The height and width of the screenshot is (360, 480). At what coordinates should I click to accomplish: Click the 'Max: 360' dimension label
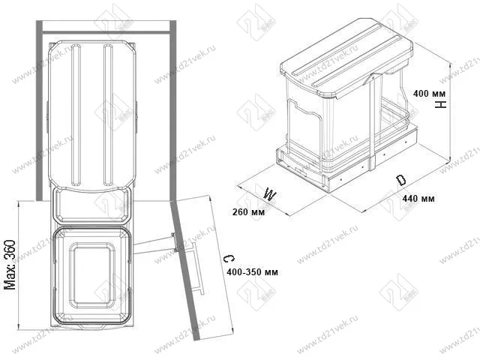pyautogui.click(x=10, y=265)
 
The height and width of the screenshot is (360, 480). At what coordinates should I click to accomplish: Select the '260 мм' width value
pyautogui.click(x=248, y=211)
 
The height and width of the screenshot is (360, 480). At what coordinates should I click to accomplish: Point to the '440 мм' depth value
pyautogui.click(x=418, y=199)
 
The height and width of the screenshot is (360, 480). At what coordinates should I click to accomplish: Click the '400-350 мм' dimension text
pyautogui.click(x=253, y=271)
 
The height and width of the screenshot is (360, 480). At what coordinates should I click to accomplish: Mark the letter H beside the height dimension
pyautogui.click(x=441, y=105)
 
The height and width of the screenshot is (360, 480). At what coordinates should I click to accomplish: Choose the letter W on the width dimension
pyautogui.click(x=270, y=194)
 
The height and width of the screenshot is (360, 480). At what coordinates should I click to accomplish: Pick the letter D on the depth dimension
pyautogui.click(x=400, y=180)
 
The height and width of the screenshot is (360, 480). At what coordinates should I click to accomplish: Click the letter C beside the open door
pyautogui.click(x=229, y=259)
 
